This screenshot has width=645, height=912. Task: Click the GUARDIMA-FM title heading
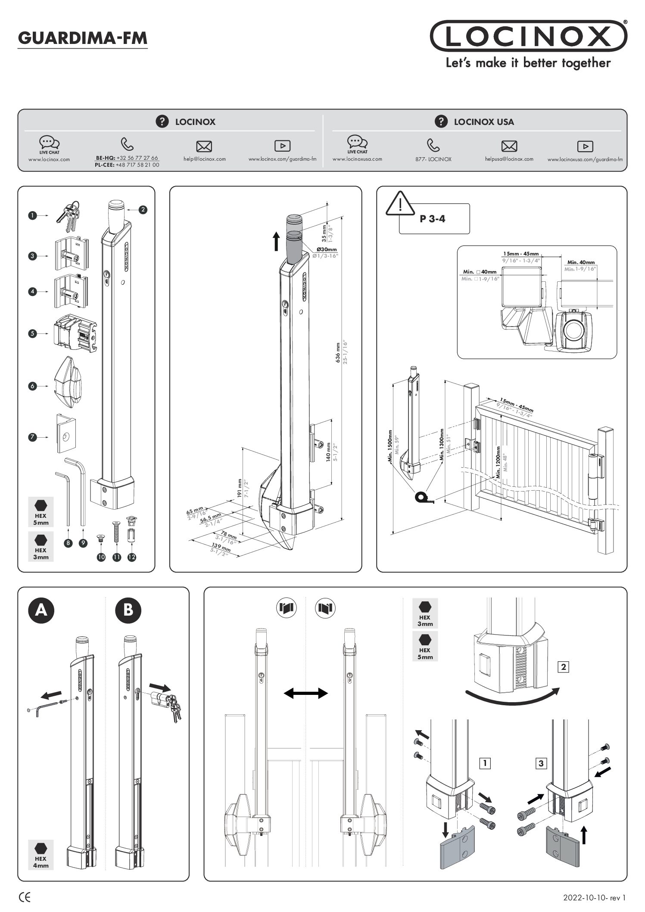83,38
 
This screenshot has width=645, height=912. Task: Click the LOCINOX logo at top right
528,36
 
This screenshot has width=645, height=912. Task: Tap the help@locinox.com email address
204,159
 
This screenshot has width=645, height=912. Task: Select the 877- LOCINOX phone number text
433,159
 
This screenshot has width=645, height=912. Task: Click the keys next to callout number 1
68,214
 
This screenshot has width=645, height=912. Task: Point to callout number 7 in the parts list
32,437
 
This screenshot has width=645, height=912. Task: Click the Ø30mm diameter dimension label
326,249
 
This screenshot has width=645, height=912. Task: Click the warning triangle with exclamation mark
400,203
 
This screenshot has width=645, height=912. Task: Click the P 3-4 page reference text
433,219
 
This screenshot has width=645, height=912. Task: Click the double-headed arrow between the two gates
305,694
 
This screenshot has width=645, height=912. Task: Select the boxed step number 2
563,667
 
